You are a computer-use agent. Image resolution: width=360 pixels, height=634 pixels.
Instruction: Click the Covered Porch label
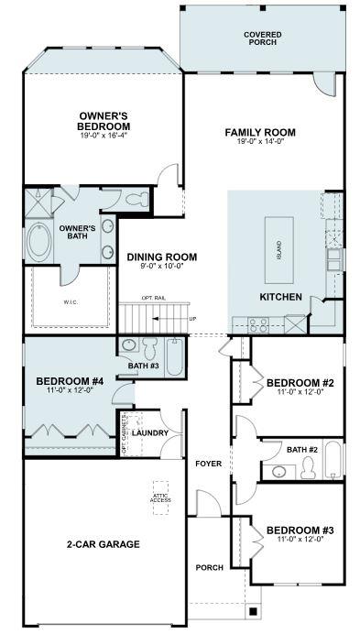(262, 38)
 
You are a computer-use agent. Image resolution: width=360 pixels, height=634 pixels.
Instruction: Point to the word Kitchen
(280, 298)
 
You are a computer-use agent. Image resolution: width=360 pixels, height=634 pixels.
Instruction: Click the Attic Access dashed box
(162, 497)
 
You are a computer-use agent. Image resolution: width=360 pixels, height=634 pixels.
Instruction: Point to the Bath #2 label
(301, 449)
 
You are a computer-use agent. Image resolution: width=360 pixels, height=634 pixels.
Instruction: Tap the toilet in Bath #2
(308, 469)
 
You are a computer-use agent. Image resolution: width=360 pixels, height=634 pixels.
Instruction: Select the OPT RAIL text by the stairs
(153, 299)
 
